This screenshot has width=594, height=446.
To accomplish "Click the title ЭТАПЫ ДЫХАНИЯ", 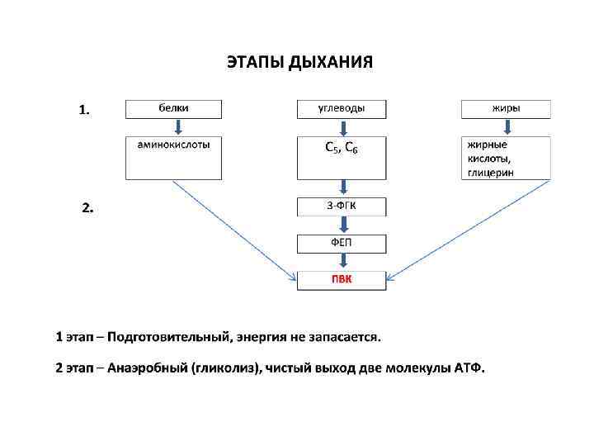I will pos(299,63).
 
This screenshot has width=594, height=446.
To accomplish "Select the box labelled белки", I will pos(173,108).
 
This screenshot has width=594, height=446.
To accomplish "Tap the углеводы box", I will pos(341,108).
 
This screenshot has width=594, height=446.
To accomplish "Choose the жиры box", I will pos(505,108).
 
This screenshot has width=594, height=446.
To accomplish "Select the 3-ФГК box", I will pos(341,206).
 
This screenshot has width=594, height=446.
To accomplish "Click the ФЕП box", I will pos(341,243).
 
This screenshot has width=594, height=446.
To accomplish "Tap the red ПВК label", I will pos(341,280).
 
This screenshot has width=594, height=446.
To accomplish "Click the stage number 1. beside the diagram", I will pos(84,109).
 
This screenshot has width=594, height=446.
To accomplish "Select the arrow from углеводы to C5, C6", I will pos(342,127).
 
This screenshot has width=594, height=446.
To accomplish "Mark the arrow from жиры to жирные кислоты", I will pos(507,127).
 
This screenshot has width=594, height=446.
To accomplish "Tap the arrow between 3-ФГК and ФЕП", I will pos(342,225).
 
